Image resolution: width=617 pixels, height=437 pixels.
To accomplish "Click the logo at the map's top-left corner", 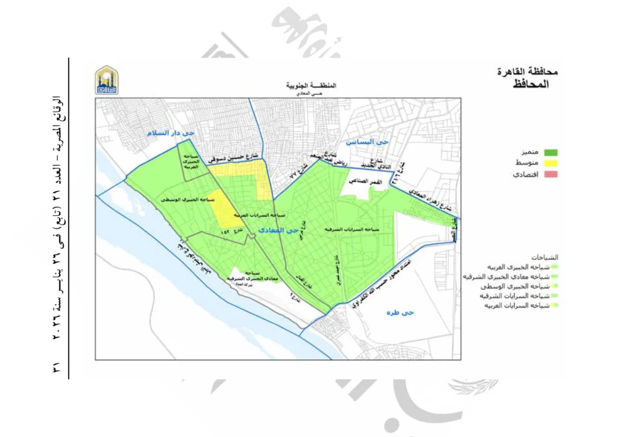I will (107, 80).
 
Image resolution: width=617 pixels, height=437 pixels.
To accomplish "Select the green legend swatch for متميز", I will (550, 152).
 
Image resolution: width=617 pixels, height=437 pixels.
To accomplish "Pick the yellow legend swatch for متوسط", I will (550, 163).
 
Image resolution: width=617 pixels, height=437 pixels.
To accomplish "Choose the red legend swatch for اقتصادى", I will (550, 175).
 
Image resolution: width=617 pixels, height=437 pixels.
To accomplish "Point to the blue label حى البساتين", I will (365, 142).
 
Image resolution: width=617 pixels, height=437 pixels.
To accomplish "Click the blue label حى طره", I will (399, 313).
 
